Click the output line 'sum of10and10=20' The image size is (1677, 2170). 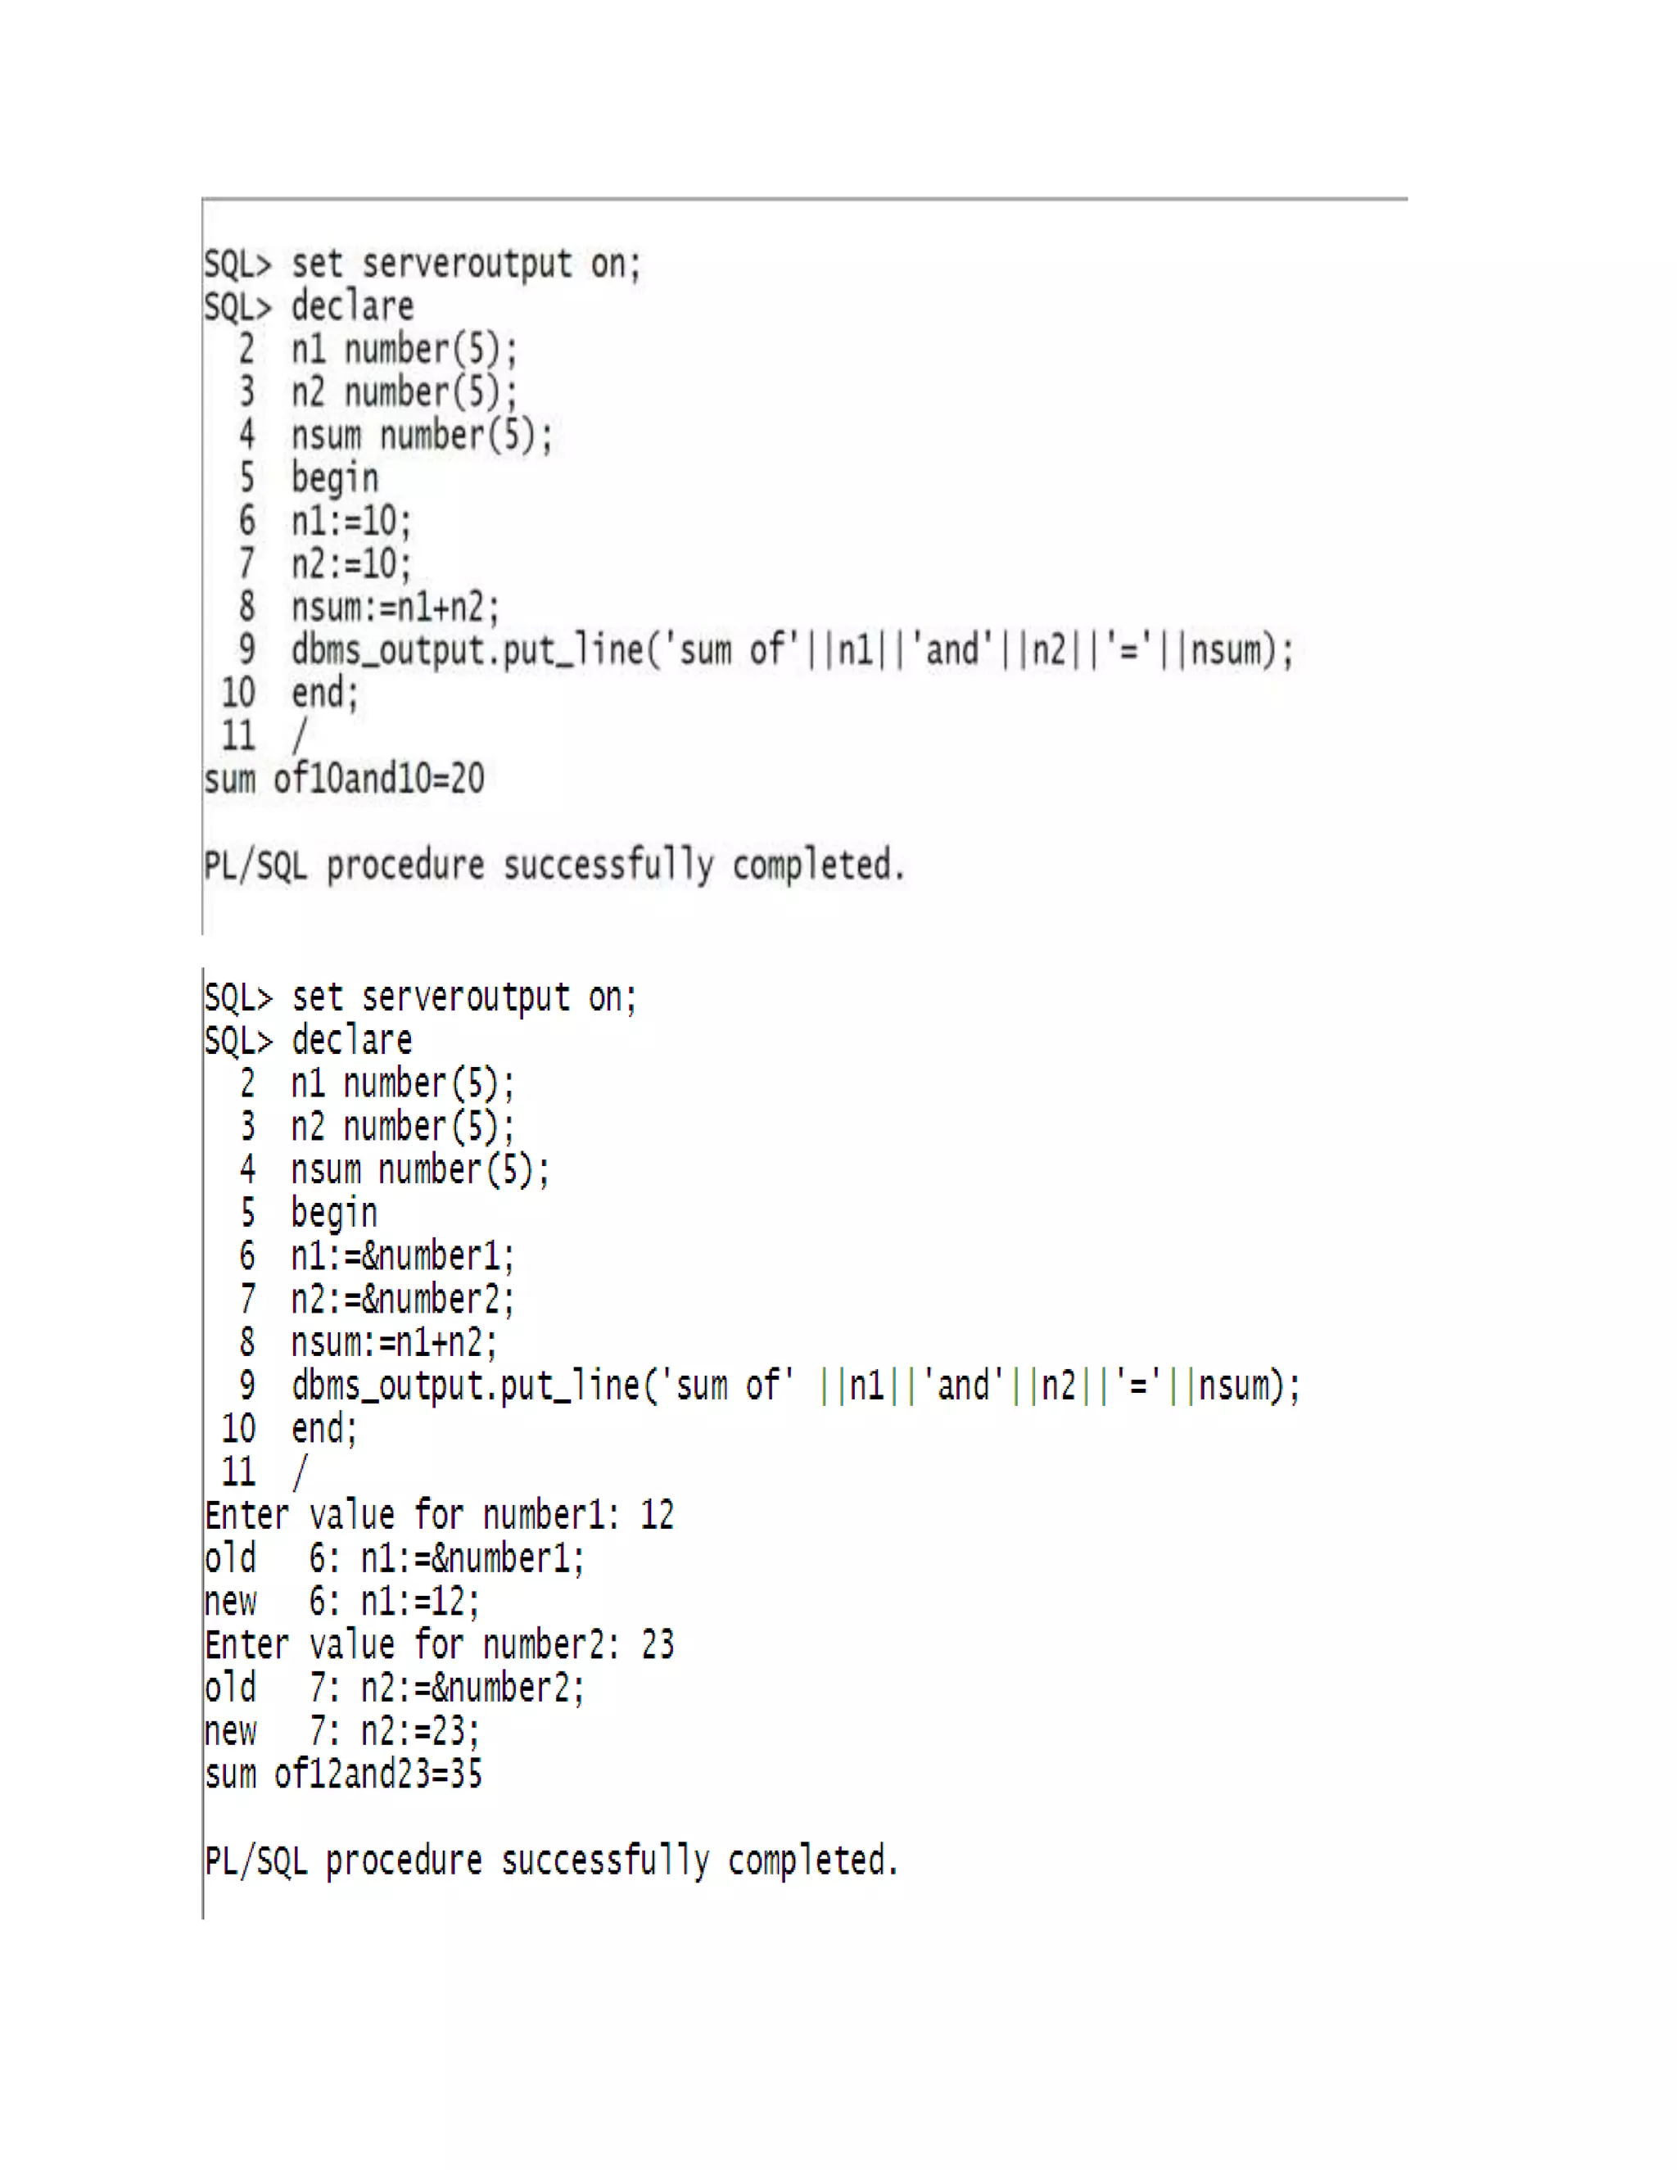pos(344,778)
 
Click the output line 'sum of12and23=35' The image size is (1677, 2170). pos(344,1774)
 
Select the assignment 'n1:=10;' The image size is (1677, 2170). pos(350,521)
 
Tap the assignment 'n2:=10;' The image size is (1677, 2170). pos(350,564)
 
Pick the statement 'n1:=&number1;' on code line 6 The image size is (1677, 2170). pos(402,1256)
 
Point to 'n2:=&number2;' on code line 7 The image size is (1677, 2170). pos(402,1300)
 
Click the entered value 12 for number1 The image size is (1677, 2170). pos(657,1514)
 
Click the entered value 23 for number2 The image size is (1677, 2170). pos(657,1644)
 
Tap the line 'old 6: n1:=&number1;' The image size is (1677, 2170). pos(395,1558)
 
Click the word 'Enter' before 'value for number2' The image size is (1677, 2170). pos(246,1644)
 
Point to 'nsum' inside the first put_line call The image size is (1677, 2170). pos(1226,651)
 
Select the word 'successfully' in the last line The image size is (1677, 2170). pos(605,1860)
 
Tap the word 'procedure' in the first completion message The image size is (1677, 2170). pos(405,866)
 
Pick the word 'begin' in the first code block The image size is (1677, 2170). pos(335,479)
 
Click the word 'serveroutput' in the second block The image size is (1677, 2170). pos(465,997)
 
